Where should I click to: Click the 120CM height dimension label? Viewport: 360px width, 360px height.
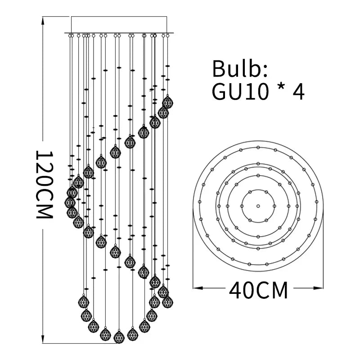click(x=44, y=184)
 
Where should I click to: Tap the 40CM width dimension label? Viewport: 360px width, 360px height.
click(x=258, y=290)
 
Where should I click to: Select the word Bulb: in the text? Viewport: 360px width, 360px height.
click(x=240, y=68)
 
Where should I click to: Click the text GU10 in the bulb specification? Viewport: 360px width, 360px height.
click(x=240, y=91)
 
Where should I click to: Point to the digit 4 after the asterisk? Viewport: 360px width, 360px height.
click(x=298, y=91)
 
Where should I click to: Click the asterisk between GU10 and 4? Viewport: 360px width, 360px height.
click(x=281, y=88)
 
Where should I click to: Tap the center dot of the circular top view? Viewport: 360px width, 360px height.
click(x=258, y=206)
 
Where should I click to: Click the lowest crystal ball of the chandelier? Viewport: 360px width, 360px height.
click(x=119, y=337)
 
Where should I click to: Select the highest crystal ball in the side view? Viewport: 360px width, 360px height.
click(x=167, y=102)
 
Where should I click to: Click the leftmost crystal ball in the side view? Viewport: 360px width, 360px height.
click(x=70, y=202)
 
